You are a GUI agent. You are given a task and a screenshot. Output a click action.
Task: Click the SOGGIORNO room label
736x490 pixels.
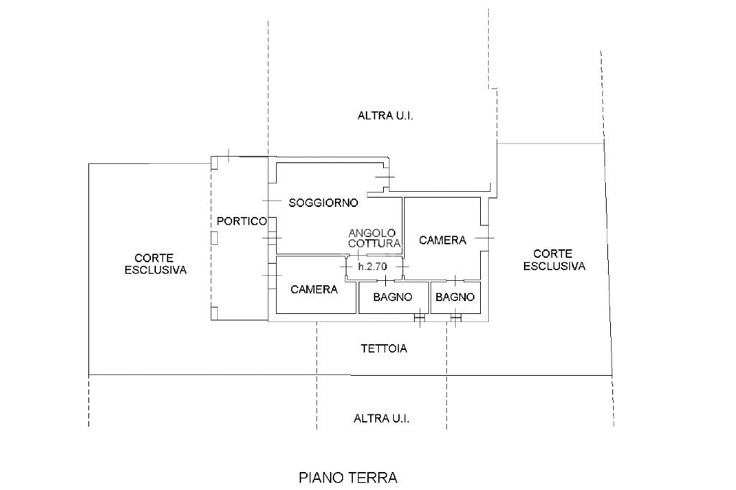coord(323,203)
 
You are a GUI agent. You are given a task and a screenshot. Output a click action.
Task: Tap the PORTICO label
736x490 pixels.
coord(242,221)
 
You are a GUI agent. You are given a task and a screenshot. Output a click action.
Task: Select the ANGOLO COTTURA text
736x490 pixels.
coord(374,238)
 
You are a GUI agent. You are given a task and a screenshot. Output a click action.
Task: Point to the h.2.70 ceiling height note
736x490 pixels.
coord(372,267)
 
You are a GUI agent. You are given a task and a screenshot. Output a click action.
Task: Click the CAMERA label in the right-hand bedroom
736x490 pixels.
coord(442,240)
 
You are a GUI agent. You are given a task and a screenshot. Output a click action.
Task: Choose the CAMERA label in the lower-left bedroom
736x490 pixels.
coord(314,290)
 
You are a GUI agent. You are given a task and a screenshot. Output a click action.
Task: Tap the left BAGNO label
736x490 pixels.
coord(392,297)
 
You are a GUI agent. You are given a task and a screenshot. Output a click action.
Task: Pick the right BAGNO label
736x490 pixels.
coord(455,297)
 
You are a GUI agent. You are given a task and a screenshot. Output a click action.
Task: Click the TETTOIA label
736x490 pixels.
coord(384,349)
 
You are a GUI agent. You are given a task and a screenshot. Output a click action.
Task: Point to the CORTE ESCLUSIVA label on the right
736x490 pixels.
coord(553,260)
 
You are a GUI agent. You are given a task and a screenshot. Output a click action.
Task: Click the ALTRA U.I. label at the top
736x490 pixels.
coord(385,116)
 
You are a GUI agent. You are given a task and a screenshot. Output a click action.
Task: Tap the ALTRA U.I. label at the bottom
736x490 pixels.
coord(381,419)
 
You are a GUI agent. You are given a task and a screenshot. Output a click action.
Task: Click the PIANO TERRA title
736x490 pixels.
coord(348,477)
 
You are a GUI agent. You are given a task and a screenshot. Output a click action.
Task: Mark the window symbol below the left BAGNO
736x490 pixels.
coord(419,317)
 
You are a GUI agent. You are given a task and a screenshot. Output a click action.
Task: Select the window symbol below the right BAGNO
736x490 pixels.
coord(456,317)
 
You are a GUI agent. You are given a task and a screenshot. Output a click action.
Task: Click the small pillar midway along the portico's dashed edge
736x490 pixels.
coord(215,238)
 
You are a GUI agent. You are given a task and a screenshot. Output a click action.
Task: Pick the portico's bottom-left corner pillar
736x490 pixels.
coord(214,313)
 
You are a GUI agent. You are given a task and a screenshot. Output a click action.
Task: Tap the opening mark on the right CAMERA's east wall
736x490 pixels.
coord(485,238)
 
